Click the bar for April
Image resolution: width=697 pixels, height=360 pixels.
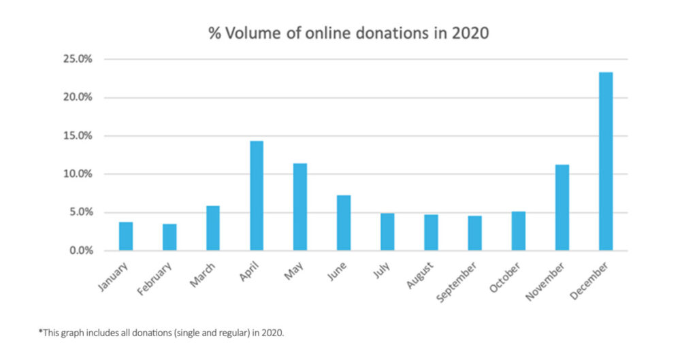point(257,195)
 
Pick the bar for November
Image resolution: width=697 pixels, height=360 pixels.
point(562,208)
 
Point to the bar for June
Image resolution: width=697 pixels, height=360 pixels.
point(344,223)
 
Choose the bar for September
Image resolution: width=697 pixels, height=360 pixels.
point(474,233)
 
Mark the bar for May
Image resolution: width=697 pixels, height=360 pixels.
point(300,207)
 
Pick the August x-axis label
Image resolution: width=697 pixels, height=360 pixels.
point(421,275)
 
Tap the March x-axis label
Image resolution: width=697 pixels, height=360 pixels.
point(203,274)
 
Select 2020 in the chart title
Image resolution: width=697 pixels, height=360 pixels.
point(474,33)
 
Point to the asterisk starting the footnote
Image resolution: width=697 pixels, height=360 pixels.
point(40,332)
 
